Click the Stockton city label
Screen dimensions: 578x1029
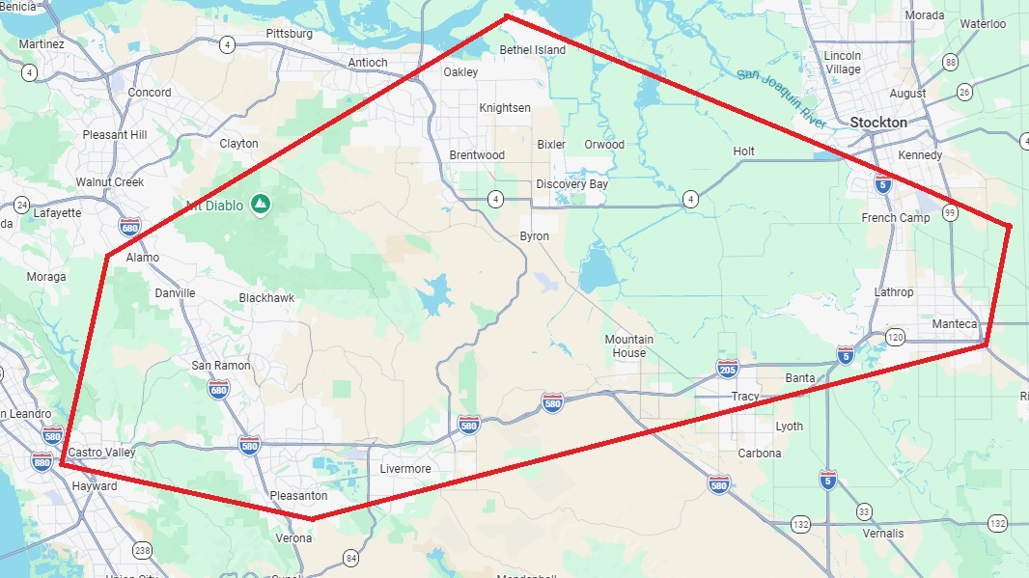click(x=878, y=123)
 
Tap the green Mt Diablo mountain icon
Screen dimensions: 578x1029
click(x=259, y=204)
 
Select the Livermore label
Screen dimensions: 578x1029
click(x=404, y=469)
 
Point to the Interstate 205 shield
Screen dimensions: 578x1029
click(x=728, y=369)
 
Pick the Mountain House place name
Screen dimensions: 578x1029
click(x=629, y=345)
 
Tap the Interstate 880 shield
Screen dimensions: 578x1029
click(x=42, y=461)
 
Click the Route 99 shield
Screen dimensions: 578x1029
click(x=951, y=213)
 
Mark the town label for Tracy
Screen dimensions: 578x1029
click(x=745, y=397)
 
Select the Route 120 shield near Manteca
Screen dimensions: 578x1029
click(x=895, y=337)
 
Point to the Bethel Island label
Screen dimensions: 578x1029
click(x=533, y=50)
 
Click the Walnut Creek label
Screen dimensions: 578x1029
click(x=110, y=182)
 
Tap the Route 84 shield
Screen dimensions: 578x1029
click(x=350, y=557)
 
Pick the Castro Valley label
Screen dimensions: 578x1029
click(x=100, y=453)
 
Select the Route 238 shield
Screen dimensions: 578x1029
click(x=143, y=550)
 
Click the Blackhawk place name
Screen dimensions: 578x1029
click(x=266, y=298)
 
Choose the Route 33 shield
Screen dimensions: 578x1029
click(x=864, y=511)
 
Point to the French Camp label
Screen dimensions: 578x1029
click(x=896, y=218)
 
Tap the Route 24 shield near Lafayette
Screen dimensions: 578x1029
click(x=21, y=205)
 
